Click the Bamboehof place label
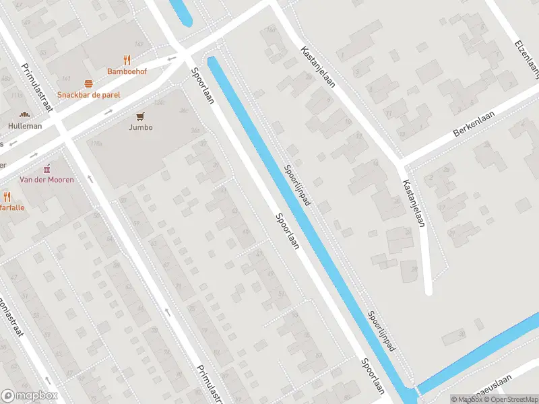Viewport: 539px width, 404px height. [x=127, y=71]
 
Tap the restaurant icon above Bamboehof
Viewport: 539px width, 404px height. [x=127, y=60]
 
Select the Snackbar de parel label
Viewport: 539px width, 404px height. [x=88, y=95]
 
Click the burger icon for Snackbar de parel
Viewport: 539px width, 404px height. [x=88, y=84]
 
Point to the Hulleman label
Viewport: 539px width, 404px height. [x=25, y=126]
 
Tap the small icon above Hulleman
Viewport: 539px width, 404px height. [x=25, y=115]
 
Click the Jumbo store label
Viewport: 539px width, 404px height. [x=140, y=127]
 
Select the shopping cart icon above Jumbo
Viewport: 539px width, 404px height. [x=140, y=116]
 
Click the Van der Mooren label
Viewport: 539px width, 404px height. [x=46, y=180]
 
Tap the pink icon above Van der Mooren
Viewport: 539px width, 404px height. [x=46, y=168]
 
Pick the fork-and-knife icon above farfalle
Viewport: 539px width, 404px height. [x=7, y=197]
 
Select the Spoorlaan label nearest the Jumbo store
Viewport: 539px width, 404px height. [x=202, y=86]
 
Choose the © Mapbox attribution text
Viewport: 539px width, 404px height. [x=467, y=399]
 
